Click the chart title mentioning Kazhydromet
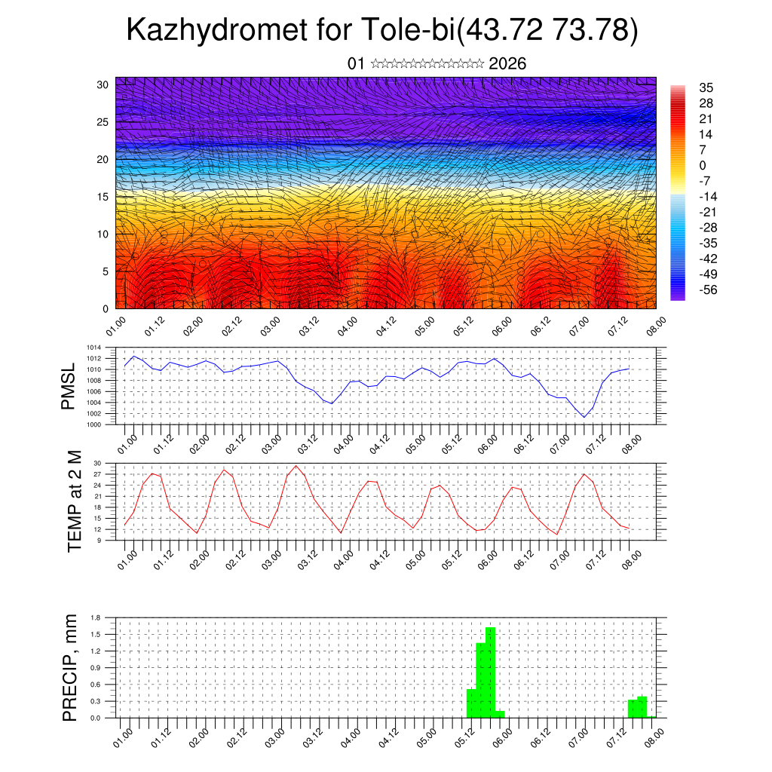coord(383,30)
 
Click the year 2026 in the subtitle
coord(507,64)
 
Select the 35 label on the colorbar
coord(706,87)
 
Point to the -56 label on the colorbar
coord(709,289)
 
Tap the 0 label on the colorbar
coord(703,165)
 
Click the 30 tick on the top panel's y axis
coord(103,84)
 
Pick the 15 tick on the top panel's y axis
coord(103,197)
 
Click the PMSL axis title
coord(69,386)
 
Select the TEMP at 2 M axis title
coord(74,501)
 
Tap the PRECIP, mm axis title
coord(70,668)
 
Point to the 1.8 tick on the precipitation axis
coord(96,617)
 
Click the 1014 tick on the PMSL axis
coord(95,348)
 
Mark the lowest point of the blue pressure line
coord(584,417)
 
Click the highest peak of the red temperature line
coord(296,465)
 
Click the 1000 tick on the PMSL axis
coord(95,424)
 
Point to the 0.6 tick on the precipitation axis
coord(96,685)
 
